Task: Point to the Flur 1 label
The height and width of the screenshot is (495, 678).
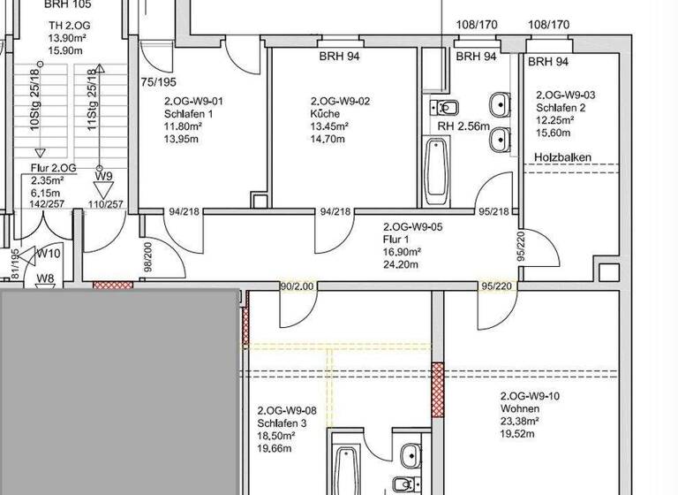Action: coord(395,239)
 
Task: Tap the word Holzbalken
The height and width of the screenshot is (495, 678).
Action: coord(562,157)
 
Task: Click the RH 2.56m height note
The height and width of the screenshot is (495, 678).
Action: coord(463,127)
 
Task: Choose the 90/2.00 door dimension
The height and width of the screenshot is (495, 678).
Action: coord(297,286)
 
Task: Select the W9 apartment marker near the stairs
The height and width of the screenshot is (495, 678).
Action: coord(104,176)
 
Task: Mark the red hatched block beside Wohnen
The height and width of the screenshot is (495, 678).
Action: coord(436,389)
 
